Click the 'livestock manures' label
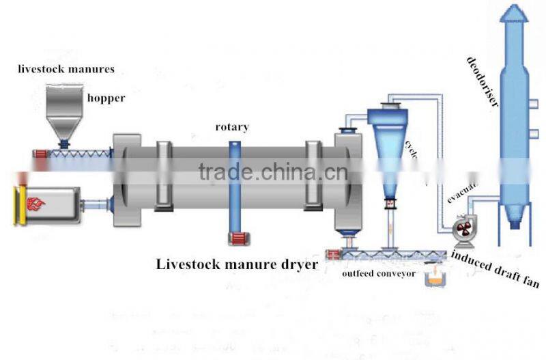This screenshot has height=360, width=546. (66, 69)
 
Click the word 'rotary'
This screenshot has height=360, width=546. (232, 126)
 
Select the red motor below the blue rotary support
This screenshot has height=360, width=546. (235, 238)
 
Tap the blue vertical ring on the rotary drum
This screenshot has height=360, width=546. (234, 184)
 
